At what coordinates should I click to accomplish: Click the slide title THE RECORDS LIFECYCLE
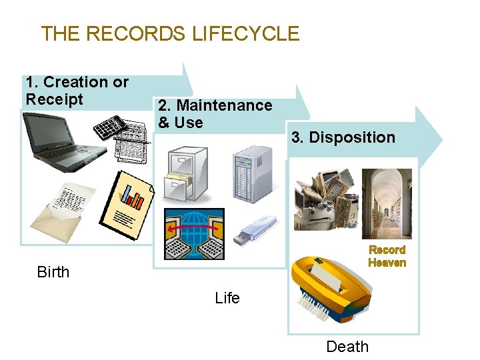pyautogui.click(x=170, y=33)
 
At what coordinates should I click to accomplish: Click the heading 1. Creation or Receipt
pyautogui.click(x=77, y=91)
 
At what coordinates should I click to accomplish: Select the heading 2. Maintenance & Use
pyautogui.click(x=214, y=113)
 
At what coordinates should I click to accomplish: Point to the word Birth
pyautogui.click(x=53, y=272)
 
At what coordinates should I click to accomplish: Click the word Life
pyautogui.click(x=227, y=298)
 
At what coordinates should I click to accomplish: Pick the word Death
pyautogui.click(x=347, y=347)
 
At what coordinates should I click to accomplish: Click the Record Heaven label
pyautogui.click(x=387, y=256)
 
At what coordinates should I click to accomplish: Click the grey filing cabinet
pyautogui.click(x=187, y=173)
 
